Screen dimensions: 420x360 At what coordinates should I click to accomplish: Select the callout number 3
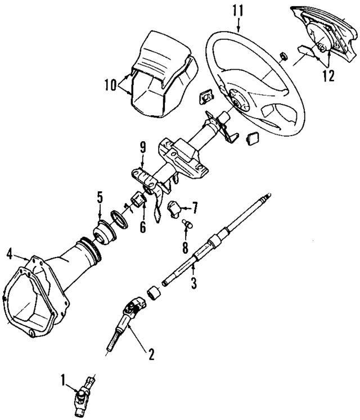pos(193,284)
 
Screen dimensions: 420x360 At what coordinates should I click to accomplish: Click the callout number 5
pos(99,197)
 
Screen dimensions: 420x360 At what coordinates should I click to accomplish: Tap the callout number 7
pos(195,208)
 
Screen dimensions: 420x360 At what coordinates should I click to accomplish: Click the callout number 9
pos(143,147)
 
